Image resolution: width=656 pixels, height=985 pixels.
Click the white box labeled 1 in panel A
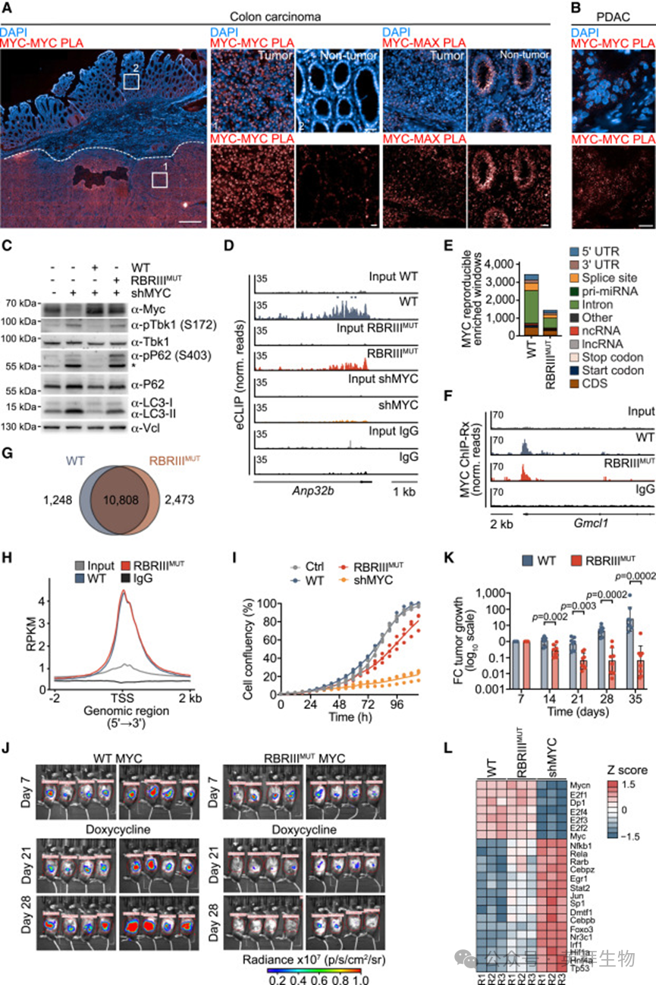[159, 178]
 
